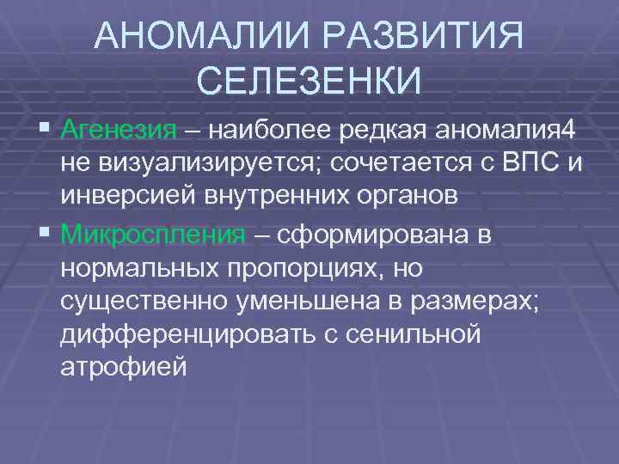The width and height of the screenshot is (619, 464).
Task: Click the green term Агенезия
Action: [120, 131]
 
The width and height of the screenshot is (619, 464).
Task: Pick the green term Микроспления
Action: [154, 234]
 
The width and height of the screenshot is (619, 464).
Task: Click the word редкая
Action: [384, 131]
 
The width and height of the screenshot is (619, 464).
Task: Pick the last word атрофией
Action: [123, 368]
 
